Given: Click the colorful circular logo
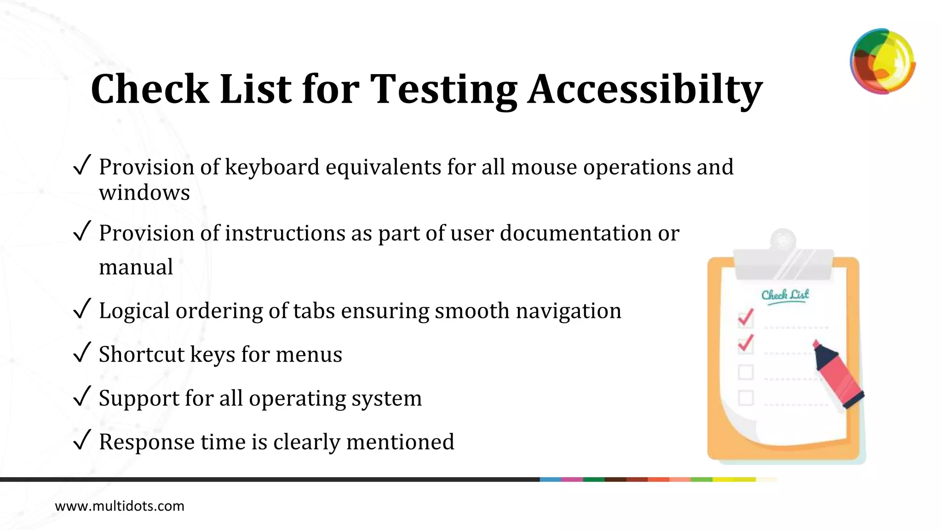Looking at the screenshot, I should point(882,61).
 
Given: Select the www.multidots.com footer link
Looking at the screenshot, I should point(120,506).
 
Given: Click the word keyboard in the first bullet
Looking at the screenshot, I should point(272,167).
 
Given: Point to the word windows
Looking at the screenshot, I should point(144,192).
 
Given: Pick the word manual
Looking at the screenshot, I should point(136,267).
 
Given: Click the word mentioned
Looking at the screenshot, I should point(400,442).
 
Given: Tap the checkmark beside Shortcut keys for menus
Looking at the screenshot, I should point(82,353).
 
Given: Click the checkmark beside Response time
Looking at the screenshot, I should point(82,441).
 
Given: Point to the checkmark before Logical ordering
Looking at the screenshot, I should point(82,310).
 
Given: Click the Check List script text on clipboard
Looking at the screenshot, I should point(785,294).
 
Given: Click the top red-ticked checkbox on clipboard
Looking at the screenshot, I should point(746,319).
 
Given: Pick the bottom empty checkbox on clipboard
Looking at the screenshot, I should point(746,397).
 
